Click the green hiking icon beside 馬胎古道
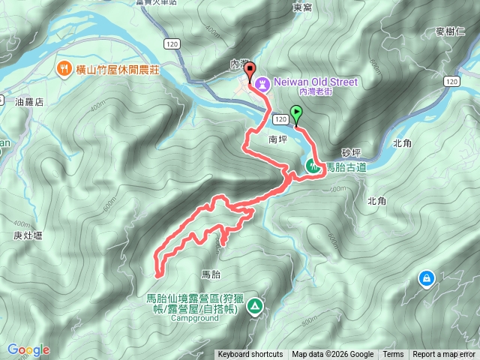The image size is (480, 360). click(312, 167)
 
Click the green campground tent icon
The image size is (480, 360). click(256, 305)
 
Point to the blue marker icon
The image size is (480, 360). click(427, 278)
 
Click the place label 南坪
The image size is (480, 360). click(277, 139)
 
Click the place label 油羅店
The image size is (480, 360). click(30, 101)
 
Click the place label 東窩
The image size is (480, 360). click(302, 7)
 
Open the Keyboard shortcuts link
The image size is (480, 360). click(250, 355)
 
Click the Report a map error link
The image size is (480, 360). click(445, 355)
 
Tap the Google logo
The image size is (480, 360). click(28, 349)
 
